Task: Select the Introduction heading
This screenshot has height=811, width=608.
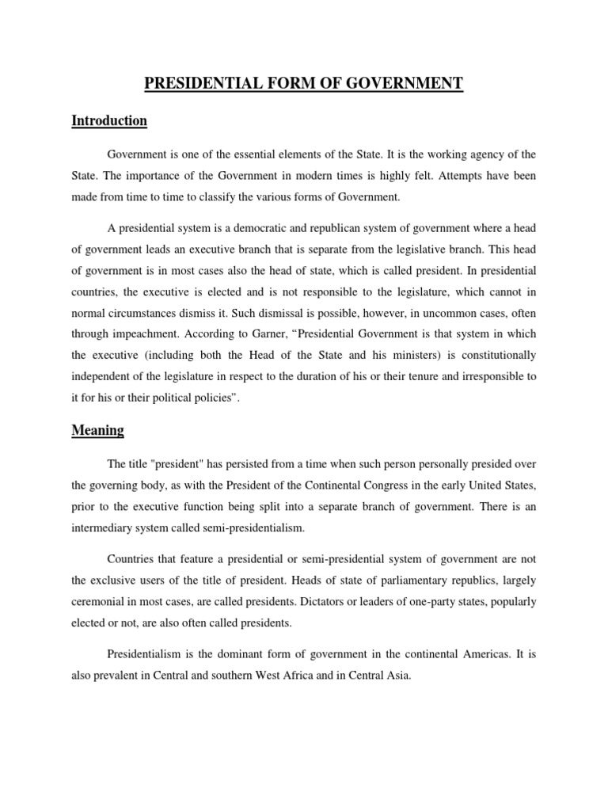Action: [109, 121]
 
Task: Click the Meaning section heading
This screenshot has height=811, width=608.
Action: [97, 431]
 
